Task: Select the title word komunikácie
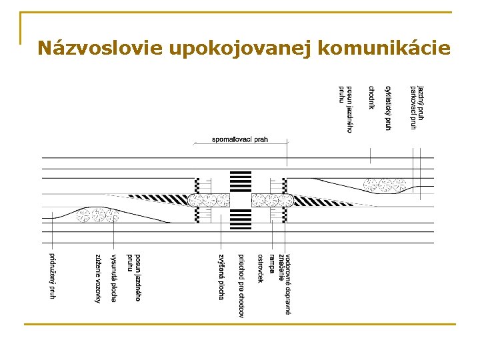pos(385,49)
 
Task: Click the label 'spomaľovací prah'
pos(240,139)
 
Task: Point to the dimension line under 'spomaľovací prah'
pos(240,145)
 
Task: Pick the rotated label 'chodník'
pos(371,97)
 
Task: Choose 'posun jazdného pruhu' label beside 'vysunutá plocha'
pos(135,277)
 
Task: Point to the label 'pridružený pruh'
pos(52,275)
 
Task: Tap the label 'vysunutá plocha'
pos(114,277)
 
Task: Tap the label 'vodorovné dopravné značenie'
pos(285,283)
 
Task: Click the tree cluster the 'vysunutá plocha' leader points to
pos(97,215)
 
